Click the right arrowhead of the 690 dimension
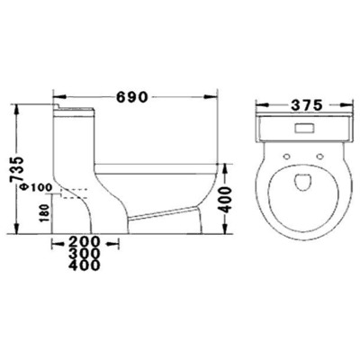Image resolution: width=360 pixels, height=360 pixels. (217, 94)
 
